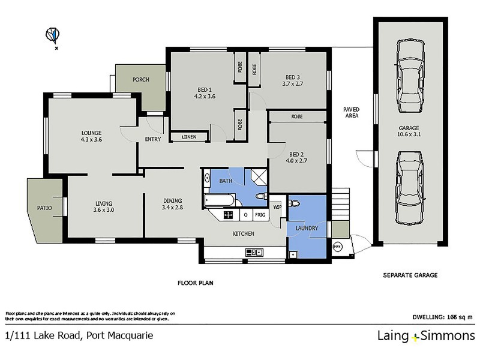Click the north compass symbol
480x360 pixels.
[x=53, y=35]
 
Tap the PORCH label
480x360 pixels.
[x=140, y=80]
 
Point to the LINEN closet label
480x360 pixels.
[x=188, y=137]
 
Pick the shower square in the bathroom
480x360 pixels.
[x=259, y=176]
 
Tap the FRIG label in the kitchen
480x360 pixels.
[x=260, y=214]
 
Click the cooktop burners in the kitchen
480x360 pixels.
[x=229, y=214]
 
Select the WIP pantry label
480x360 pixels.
[x=277, y=207]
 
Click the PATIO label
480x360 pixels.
[x=44, y=208]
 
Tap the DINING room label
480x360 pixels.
[x=172, y=201]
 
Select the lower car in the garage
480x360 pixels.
[x=409, y=186]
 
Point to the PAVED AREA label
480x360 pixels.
[x=351, y=112]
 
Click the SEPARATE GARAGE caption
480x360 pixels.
[x=410, y=275]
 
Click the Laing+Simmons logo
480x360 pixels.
[x=425, y=336]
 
